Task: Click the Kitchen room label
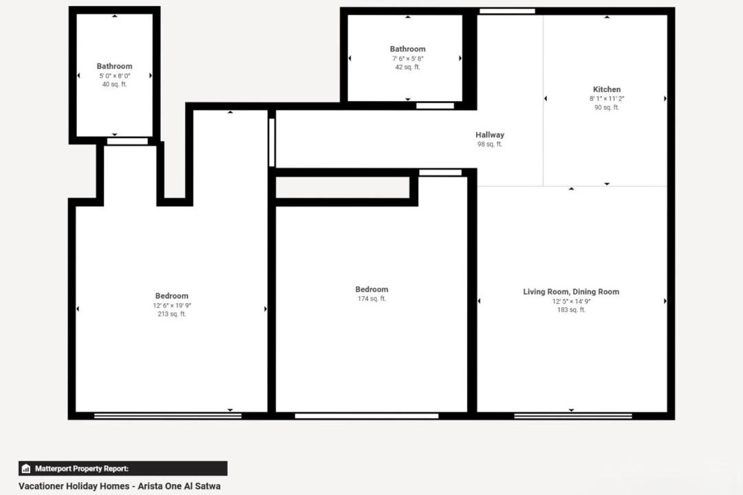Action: (x=607, y=89)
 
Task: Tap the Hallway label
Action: (x=490, y=135)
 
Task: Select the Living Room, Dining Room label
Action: (x=571, y=291)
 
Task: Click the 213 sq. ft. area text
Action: (x=171, y=313)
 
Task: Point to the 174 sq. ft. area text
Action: (x=371, y=298)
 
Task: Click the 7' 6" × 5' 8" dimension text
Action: (x=407, y=58)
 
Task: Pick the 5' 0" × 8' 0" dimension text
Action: (x=115, y=76)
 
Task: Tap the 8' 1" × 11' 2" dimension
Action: (x=607, y=98)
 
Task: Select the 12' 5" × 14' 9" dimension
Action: (x=571, y=301)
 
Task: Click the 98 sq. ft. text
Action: (x=490, y=144)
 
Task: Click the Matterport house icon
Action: (x=26, y=468)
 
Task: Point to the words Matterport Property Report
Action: (x=81, y=468)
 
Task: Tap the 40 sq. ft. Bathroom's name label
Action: (x=115, y=66)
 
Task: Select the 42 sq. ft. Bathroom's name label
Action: (x=407, y=49)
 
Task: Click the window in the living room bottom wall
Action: (x=573, y=416)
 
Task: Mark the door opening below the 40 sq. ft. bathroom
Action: (x=127, y=141)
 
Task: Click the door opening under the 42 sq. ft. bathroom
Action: (x=435, y=106)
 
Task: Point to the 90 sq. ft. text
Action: (x=607, y=107)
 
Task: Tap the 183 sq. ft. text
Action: (x=571, y=310)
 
